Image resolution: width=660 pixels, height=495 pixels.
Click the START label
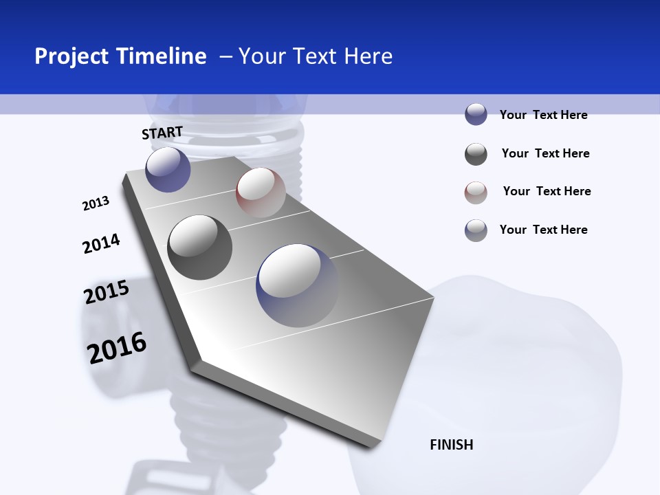[x=162, y=133]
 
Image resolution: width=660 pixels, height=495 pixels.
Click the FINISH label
[x=452, y=445]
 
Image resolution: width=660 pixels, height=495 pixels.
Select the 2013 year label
[x=96, y=203]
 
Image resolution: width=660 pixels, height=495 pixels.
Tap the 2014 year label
[x=101, y=243]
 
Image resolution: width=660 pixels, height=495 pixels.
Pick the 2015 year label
[x=107, y=292]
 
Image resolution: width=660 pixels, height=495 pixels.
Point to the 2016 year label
[x=117, y=347]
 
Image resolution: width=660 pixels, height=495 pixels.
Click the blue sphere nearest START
[x=168, y=169]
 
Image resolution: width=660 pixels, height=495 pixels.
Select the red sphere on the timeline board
[x=261, y=192]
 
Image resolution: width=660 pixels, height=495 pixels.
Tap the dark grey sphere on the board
[x=200, y=247]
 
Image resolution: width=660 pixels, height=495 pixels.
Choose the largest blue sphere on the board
[x=298, y=285]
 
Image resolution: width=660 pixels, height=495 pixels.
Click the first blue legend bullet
[x=476, y=114]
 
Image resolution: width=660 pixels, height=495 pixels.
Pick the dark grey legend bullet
[x=476, y=154]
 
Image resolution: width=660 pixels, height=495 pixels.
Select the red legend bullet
[x=476, y=192]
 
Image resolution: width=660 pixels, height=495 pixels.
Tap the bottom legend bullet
[x=476, y=230]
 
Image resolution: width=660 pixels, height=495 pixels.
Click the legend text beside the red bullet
[x=547, y=191]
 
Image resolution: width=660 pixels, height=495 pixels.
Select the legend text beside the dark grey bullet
[x=545, y=153]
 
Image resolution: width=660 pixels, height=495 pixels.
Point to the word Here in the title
[x=368, y=56]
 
